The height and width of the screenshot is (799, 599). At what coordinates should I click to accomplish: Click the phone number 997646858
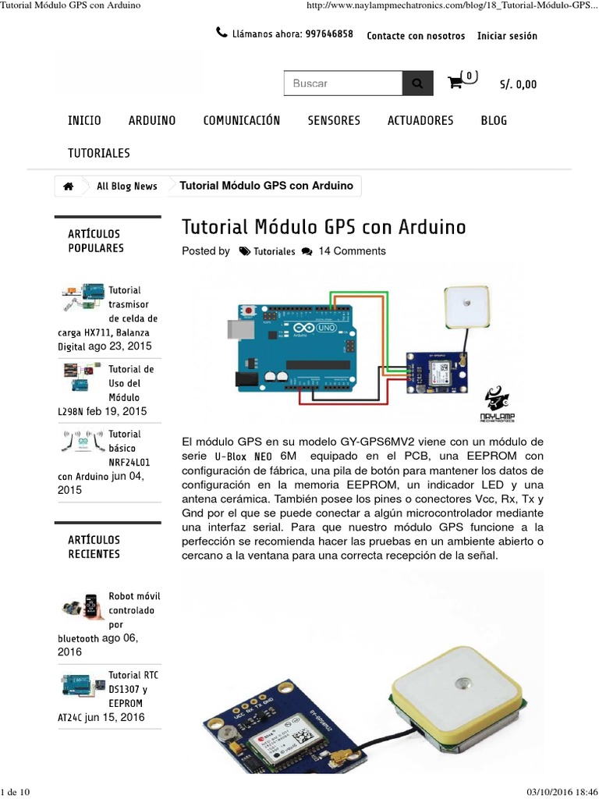coord(329,34)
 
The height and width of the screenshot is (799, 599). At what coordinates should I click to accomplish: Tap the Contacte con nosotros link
coord(416,36)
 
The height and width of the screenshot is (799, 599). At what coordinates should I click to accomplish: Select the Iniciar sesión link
coord(507,36)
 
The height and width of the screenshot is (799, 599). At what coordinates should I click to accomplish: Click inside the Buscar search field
coord(342,83)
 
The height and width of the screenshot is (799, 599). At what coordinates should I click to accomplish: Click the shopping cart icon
coord(455,83)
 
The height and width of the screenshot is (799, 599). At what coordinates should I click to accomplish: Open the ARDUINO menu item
coord(152,120)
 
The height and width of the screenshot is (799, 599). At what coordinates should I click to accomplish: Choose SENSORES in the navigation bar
coord(334,120)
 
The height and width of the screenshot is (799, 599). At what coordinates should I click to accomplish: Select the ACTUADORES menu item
coord(420,120)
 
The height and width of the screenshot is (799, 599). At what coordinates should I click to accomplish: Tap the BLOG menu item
coord(494,120)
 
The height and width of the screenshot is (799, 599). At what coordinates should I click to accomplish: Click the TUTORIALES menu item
coord(99,153)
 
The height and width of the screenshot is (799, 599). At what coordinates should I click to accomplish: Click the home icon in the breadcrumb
coord(69,186)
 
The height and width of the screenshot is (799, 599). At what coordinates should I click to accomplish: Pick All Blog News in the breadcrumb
coord(127,186)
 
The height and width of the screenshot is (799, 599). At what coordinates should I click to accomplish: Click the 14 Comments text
coord(352,251)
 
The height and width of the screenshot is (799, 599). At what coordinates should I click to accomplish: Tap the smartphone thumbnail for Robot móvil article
coord(92,606)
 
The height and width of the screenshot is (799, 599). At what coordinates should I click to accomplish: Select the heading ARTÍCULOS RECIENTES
coord(94,547)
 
